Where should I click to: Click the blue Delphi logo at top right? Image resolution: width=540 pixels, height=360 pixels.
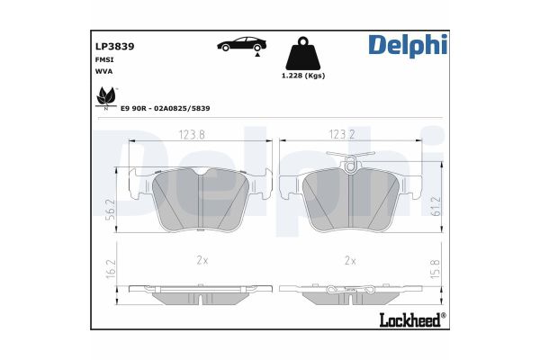point(406,45)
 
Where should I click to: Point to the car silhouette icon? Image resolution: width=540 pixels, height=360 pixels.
point(239,44)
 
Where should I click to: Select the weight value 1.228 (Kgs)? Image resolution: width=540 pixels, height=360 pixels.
point(303,76)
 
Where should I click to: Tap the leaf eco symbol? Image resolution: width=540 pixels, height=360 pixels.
point(104,96)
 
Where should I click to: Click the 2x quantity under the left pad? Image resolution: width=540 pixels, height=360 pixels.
point(202,260)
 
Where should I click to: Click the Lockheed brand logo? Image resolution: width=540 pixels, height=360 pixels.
point(414,319)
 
